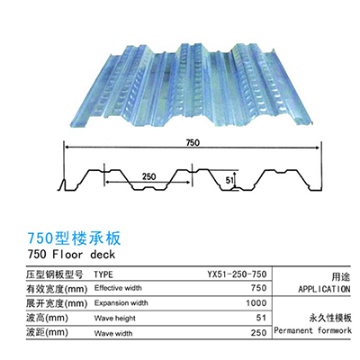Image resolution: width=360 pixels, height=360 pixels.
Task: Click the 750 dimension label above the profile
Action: click(x=193, y=142)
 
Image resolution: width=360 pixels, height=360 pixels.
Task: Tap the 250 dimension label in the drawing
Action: click(x=148, y=176)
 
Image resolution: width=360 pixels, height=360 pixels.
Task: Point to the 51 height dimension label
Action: click(x=229, y=180)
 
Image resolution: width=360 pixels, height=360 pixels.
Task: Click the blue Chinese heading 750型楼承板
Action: click(x=75, y=238)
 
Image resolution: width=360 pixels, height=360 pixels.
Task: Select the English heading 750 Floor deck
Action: click(x=71, y=255)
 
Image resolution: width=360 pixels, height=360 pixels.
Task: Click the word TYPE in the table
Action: click(x=103, y=274)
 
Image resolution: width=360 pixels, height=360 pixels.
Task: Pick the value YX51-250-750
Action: click(x=237, y=274)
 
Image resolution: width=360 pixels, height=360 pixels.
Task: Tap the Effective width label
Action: click(x=118, y=288)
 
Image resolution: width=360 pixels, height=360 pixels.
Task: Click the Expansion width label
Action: click(x=121, y=303)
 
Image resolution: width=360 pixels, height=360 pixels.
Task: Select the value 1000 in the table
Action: click(x=256, y=303)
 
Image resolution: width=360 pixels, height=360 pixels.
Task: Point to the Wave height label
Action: click(x=115, y=318)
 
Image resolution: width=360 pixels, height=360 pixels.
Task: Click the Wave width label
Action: click(x=113, y=333)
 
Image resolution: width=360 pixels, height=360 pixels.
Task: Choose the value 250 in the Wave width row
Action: click(x=258, y=333)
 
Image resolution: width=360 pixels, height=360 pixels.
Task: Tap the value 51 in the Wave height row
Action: click(x=261, y=318)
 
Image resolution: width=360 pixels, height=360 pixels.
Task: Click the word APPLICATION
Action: click(x=324, y=289)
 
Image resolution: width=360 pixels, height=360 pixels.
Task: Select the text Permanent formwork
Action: click(x=312, y=331)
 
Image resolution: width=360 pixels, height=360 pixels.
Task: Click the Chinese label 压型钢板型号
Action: click(x=55, y=274)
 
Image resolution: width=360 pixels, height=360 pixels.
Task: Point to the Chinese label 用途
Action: click(x=341, y=276)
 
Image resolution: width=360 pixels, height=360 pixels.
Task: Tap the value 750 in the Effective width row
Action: click(x=258, y=288)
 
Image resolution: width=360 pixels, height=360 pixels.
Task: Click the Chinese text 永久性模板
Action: click(x=330, y=318)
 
